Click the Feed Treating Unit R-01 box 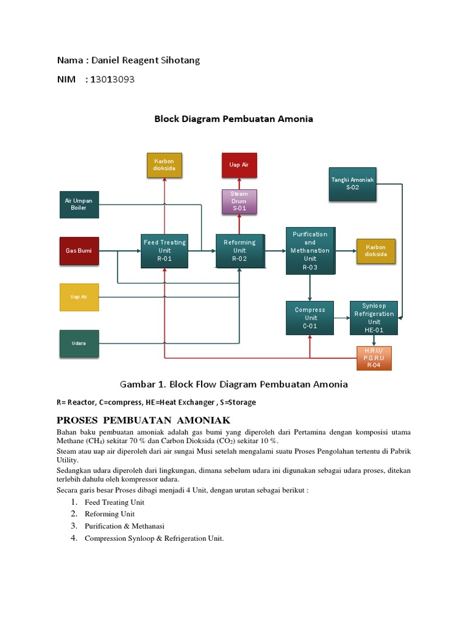coord(165,250)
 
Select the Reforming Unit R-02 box coord(240,250)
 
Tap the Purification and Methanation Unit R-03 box coord(310,250)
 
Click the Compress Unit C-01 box coord(310,317)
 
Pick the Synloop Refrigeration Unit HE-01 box coord(374,317)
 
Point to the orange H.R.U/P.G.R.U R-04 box coord(374,358)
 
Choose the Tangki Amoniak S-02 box coord(353,184)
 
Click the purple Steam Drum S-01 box coord(239,201)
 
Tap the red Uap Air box coord(239,165)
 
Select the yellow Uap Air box coord(79,297)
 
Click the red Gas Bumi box coord(79,250)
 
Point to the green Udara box coord(79,343)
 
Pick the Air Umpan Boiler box coord(79,204)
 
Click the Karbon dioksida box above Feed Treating coord(165,165)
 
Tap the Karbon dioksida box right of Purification coord(376,251)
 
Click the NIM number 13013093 coord(112,79)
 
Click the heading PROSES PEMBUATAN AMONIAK coord(143,420)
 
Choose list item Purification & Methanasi coord(124,526)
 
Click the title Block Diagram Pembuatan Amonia coord(233,119)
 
